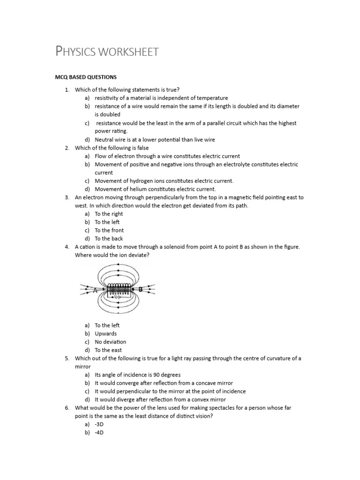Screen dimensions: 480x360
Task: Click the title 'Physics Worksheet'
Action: coord(107,51)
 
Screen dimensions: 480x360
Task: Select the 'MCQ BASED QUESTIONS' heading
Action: coord(86,77)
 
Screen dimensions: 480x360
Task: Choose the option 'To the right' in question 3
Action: coord(109,214)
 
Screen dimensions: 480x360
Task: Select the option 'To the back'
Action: coord(109,239)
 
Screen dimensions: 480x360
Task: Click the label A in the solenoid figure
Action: coord(95,291)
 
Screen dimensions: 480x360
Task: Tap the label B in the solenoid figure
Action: coord(140,290)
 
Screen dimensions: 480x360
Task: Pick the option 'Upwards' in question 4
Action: coord(105,334)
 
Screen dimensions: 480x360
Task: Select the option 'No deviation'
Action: coord(110,342)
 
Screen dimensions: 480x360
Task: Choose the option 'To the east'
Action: coord(108,350)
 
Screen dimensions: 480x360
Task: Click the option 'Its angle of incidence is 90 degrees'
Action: coord(137,375)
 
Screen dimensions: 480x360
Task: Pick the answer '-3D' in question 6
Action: coord(99,424)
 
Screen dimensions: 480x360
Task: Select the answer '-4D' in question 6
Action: coord(99,433)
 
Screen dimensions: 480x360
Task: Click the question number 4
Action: coord(67,247)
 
